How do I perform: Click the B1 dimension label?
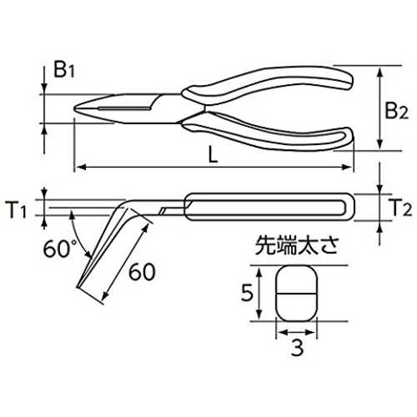tap(64, 69)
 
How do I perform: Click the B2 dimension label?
tap(397, 111)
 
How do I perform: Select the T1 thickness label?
tap(16, 210)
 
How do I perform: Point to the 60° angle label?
tap(60, 249)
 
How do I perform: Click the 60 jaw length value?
tap(142, 272)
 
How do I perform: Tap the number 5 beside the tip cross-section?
tap(247, 293)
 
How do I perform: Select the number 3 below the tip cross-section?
tap(297, 348)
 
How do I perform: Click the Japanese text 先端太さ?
tap(297, 245)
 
